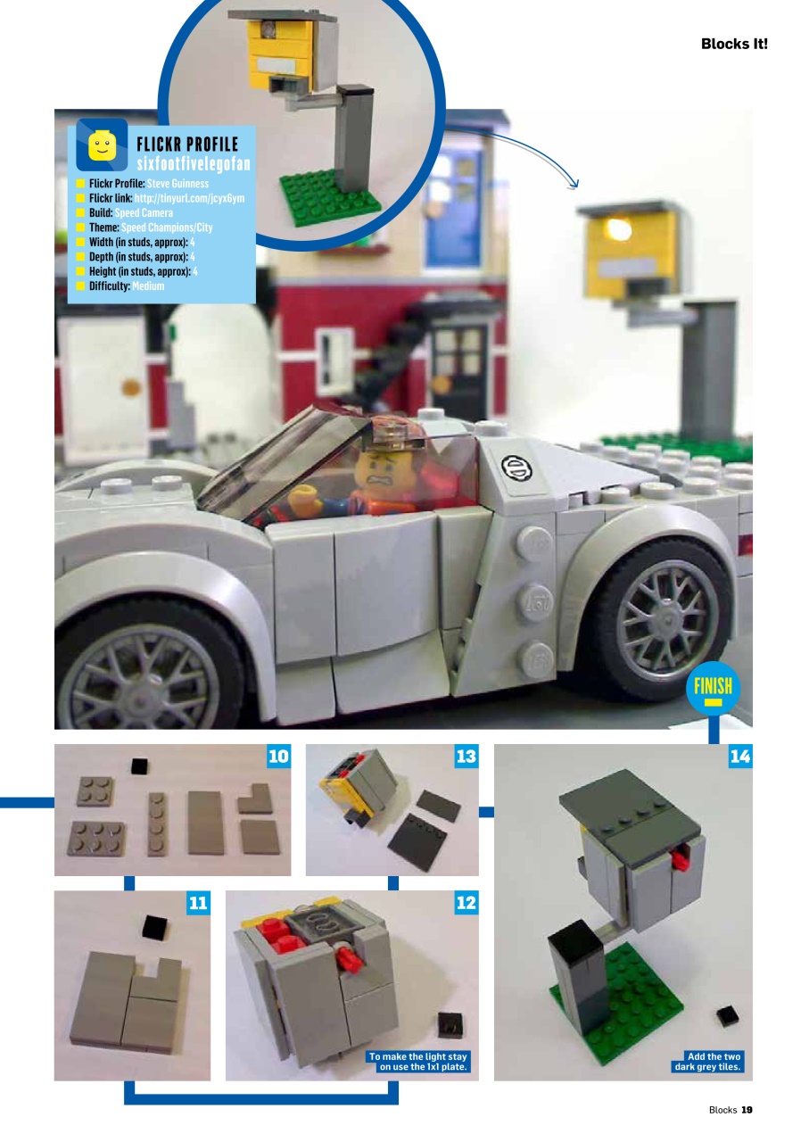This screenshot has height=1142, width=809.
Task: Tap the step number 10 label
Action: coord(279,757)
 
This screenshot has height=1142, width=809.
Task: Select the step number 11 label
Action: coord(198,903)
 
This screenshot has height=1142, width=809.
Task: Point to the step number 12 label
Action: coord(466,903)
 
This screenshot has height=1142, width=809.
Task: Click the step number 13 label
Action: coord(466,757)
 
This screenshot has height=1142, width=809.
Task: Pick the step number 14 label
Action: coord(739,757)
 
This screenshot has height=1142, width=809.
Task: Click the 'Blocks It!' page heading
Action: coord(733,44)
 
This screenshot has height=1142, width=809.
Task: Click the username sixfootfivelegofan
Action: coord(194,162)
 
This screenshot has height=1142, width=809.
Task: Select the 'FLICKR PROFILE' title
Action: coord(186,145)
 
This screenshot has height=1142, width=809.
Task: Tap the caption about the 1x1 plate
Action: coord(418,1062)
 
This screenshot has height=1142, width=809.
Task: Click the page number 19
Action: coord(747,1110)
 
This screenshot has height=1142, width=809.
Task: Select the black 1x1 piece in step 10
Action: coord(138,765)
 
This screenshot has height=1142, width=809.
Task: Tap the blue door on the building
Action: coord(455,205)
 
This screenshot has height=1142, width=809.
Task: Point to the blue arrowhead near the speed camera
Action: coord(573,184)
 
